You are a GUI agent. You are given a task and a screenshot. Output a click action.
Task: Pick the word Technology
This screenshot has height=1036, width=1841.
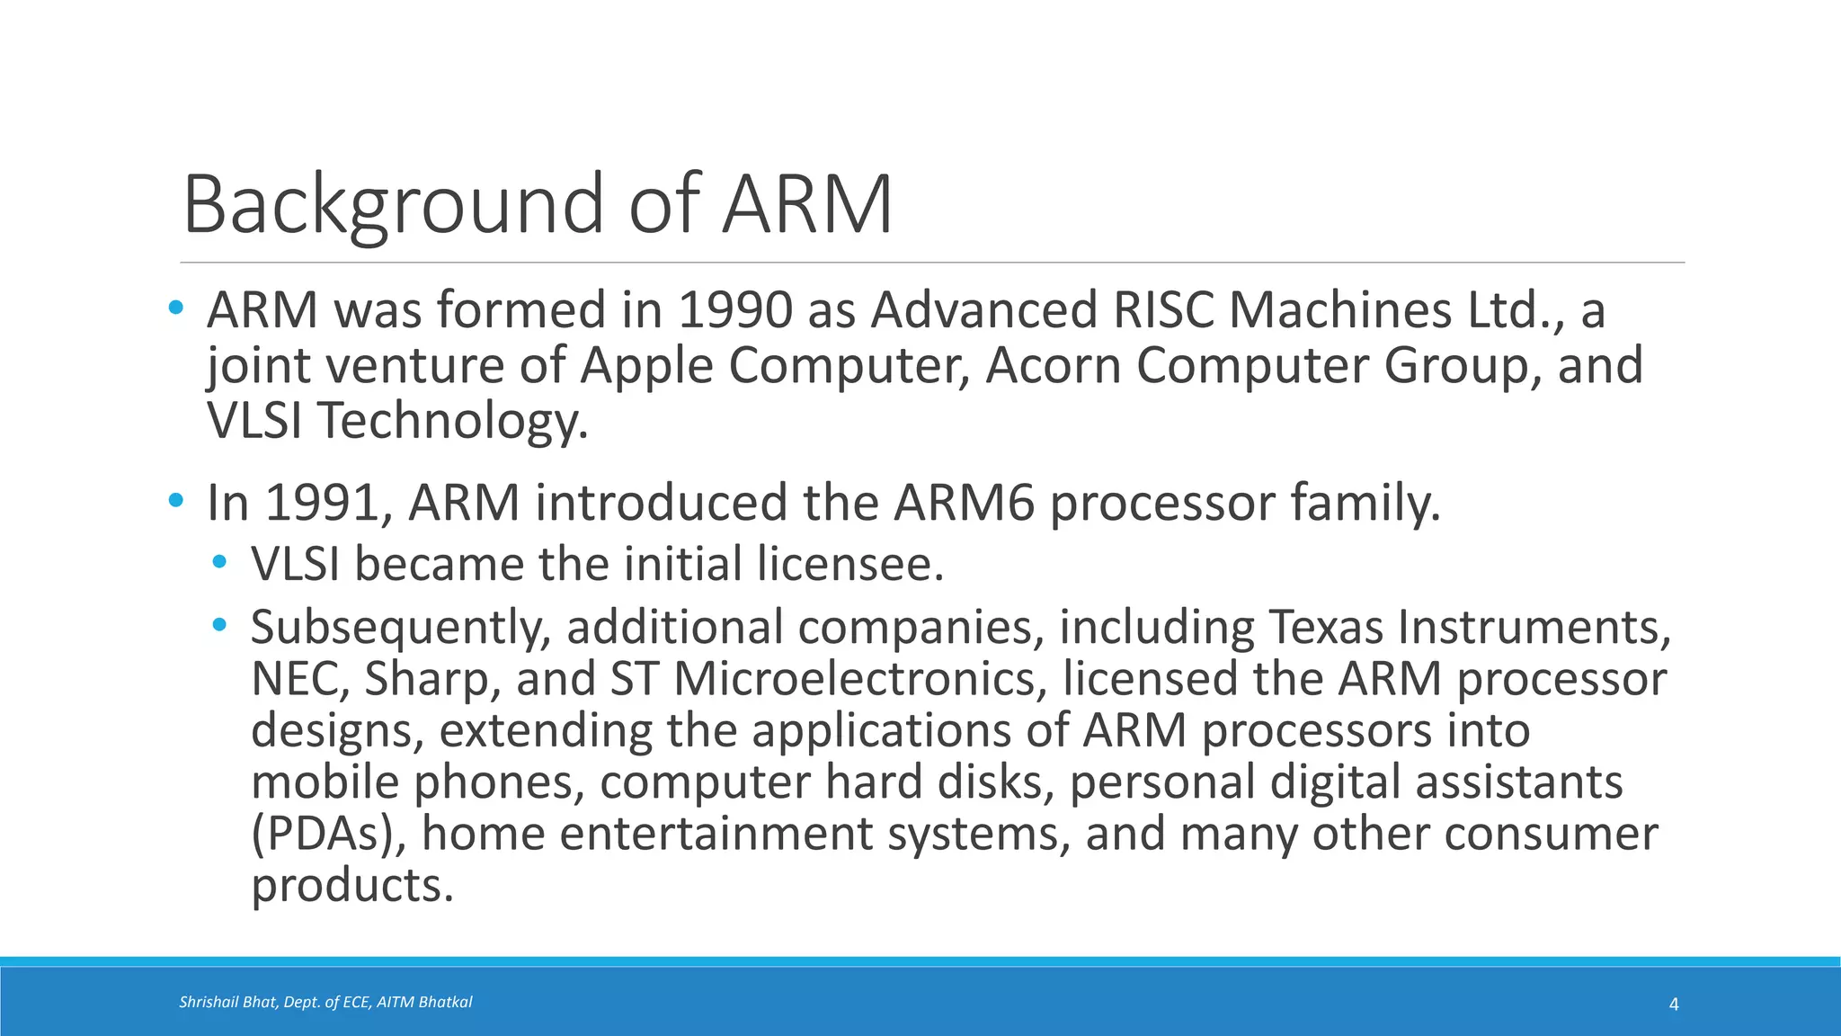[x=452, y=421]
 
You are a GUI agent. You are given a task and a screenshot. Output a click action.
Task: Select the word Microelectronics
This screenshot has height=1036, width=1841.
[x=860, y=678]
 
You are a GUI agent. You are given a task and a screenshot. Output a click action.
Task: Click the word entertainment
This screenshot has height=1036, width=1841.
[x=716, y=834]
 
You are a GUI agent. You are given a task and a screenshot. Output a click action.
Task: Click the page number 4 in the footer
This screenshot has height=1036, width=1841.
[x=1674, y=1004]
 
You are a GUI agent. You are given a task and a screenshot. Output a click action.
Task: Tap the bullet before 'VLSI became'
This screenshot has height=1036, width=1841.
[x=220, y=563]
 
